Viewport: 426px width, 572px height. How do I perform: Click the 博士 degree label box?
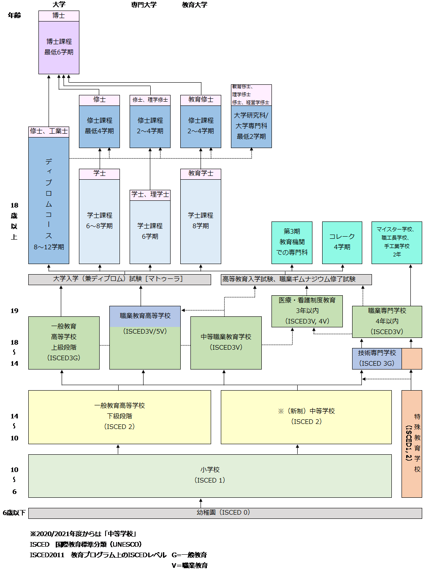coord(59,16)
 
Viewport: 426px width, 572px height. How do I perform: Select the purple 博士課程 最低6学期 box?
coord(59,47)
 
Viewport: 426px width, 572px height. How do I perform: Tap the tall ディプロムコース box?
coord(49,200)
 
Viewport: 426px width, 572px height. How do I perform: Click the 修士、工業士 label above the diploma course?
coord(49,132)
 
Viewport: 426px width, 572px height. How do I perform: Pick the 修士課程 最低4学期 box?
coord(99,126)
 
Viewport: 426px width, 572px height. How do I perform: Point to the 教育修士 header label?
coord(201,100)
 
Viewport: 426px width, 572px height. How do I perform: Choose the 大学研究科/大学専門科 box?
coord(251,126)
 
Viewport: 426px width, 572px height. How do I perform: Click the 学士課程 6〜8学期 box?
coord(99,221)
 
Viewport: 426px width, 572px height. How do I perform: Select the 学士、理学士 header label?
coord(150,195)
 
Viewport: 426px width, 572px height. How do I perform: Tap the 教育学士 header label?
coord(201,174)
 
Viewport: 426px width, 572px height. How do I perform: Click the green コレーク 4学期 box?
coord(342,242)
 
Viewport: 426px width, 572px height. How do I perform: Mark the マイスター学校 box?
coord(396,242)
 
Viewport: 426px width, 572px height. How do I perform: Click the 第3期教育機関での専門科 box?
coord(292,242)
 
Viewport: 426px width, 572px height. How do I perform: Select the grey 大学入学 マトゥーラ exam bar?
coord(119,279)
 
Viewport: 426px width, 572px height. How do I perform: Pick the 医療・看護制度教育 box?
coord(307,311)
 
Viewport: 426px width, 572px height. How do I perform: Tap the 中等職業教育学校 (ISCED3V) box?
coord(226,343)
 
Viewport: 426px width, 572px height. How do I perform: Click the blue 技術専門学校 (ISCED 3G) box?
coord(377,359)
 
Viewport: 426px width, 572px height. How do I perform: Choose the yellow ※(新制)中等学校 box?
coord(306,417)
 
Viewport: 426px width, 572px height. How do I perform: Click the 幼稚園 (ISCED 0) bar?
coord(225,513)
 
